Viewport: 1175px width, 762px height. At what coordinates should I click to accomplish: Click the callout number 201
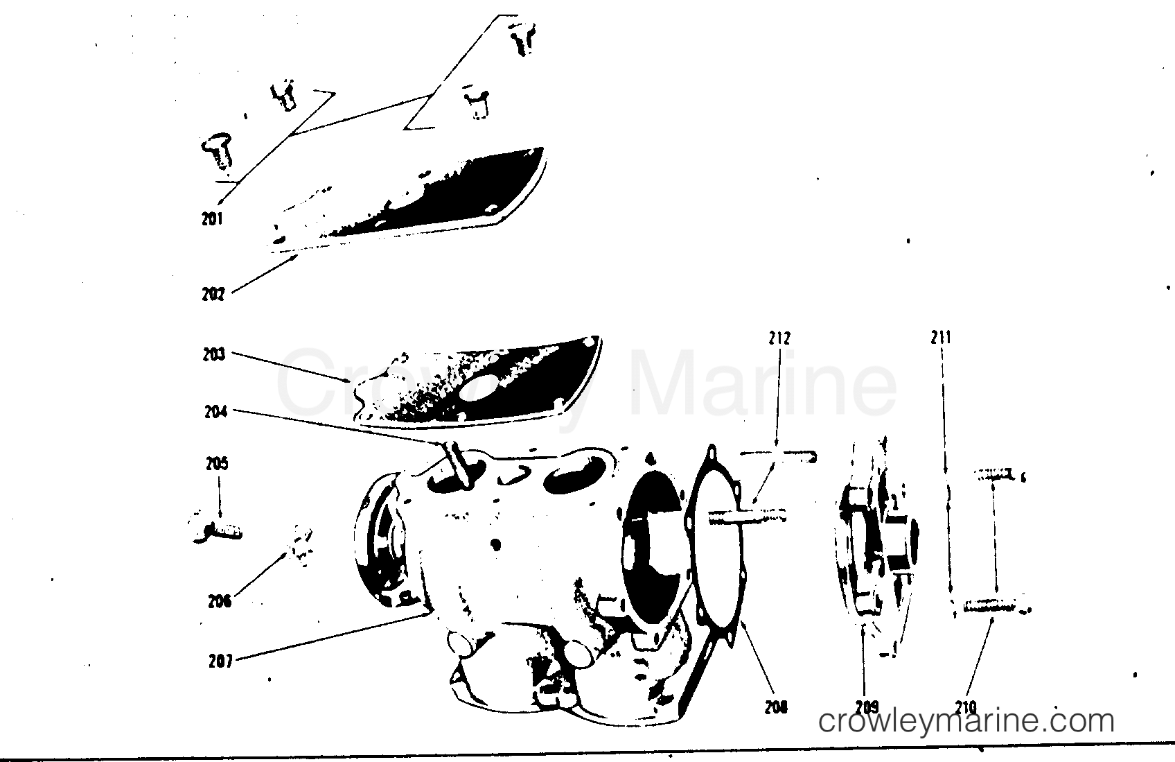click(x=212, y=219)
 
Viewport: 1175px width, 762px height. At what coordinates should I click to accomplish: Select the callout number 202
click(x=213, y=294)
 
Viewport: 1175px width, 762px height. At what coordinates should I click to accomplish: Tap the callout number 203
click(x=214, y=354)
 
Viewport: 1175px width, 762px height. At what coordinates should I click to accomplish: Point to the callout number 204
click(x=215, y=411)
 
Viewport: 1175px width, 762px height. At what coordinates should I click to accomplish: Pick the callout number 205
click(x=217, y=463)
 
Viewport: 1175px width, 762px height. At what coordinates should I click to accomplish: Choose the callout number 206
click(x=220, y=601)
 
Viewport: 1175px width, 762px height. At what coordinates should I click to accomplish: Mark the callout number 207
click(x=220, y=661)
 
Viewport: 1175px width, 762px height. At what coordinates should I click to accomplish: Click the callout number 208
click(x=777, y=707)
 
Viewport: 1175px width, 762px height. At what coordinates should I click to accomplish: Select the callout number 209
click(x=867, y=707)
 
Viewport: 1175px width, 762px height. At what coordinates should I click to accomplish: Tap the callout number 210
click(x=965, y=707)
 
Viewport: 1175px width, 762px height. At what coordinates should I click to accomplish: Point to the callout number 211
click(x=941, y=338)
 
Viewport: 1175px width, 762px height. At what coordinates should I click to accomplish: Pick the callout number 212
click(x=779, y=338)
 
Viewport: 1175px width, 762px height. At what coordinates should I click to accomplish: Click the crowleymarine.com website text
click(x=966, y=721)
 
